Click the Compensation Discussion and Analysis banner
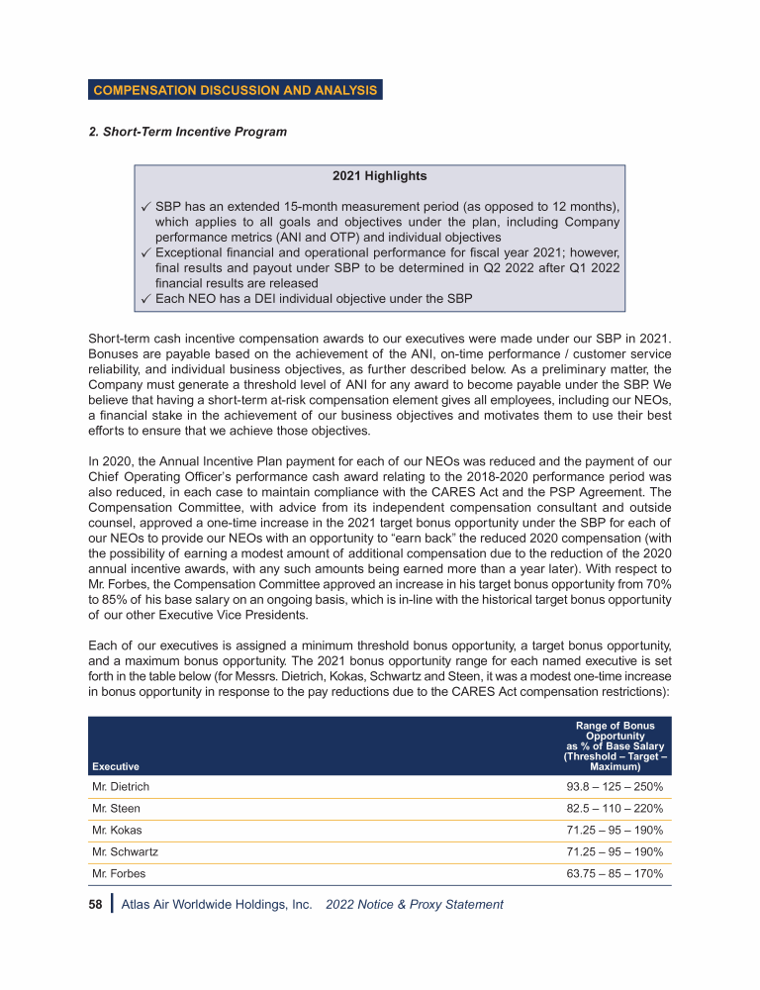click(x=235, y=90)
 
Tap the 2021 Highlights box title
click(x=380, y=176)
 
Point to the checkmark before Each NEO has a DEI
click(x=145, y=298)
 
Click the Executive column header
click(x=116, y=766)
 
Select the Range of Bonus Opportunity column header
click(x=615, y=746)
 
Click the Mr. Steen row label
click(x=116, y=808)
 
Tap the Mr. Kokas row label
click(x=117, y=830)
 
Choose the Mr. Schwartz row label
click(x=125, y=851)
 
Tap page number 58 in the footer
click(x=97, y=905)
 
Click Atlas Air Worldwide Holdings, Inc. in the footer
click(x=217, y=905)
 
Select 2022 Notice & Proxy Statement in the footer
click(x=414, y=905)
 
